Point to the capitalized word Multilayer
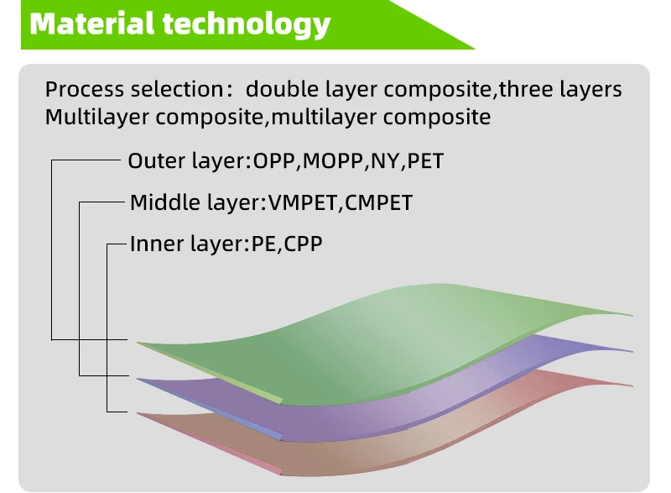click(x=96, y=117)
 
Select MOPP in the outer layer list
click(x=332, y=160)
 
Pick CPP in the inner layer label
click(x=304, y=244)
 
